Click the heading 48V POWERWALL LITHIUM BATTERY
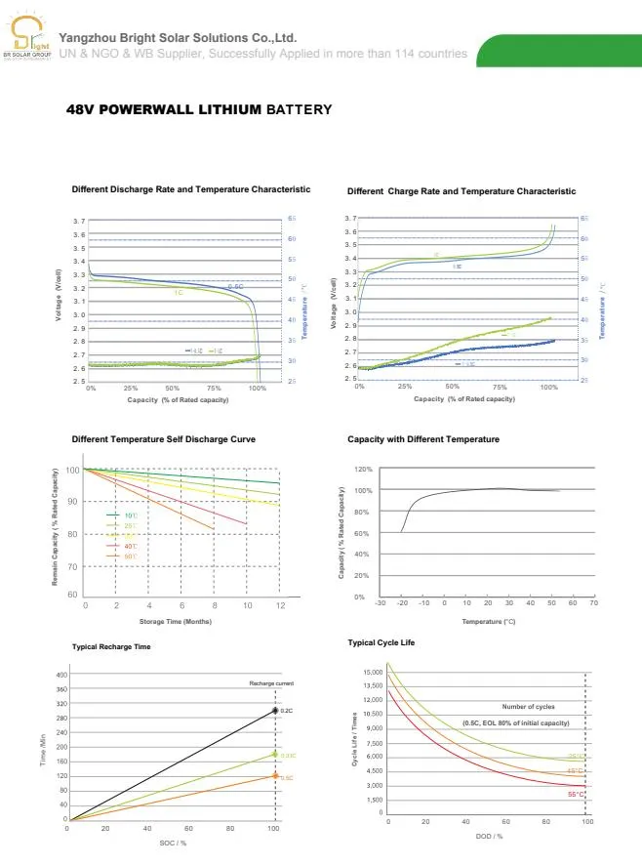[199, 109]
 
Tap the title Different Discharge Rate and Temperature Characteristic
[191, 189]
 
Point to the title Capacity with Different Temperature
[422, 439]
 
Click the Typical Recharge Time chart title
[111, 647]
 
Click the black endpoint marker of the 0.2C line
[275, 711]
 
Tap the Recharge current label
[270, 683]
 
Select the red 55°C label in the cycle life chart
[576, 795]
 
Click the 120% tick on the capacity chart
[364, 469]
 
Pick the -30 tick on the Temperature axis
[380, 603]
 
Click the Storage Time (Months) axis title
[176, 621]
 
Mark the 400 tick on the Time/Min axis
[60, 675]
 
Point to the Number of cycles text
[528, 706]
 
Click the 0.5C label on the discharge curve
[235, 287]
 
